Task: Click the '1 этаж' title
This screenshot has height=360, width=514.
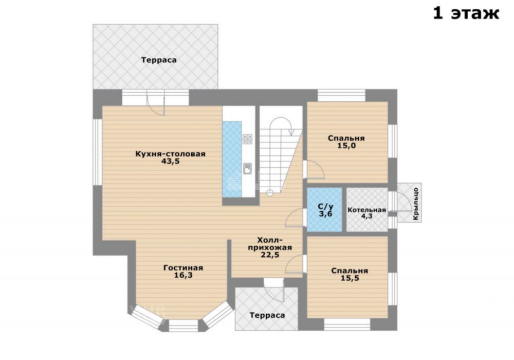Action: click(x=466, y=14)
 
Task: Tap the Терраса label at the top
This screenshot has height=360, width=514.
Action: click(x=159, y=60)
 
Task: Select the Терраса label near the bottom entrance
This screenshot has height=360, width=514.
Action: click(x=267, y=315)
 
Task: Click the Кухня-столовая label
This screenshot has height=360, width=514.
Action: click(x=171, y=154)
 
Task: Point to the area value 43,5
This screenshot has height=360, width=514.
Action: click(x=171, y=161)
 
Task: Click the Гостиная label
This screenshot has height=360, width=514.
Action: click(x=183, y=268)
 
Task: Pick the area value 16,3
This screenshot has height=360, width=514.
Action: click(x=183, y=276)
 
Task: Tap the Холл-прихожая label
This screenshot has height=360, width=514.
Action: click(x=270, y=244)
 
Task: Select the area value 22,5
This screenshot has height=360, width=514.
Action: click(x=270, y=255)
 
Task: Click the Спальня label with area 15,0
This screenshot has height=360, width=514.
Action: click(x=346, y=138)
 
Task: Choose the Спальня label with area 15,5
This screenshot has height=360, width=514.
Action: click(x=350, y=271)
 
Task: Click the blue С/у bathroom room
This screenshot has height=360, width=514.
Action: click(x=325, y=210)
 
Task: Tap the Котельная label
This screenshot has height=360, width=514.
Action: click(x=367, y=210)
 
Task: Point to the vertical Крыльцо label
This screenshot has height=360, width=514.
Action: click(x=416, y=203)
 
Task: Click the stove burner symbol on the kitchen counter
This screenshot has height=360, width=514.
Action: click(x=248, y=139)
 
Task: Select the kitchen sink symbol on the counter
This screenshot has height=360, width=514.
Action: click(x=248, y=169)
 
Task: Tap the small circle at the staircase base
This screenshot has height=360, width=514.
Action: click(x=270, y=193)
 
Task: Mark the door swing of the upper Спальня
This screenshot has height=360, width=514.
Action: click(x=316, y=170)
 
